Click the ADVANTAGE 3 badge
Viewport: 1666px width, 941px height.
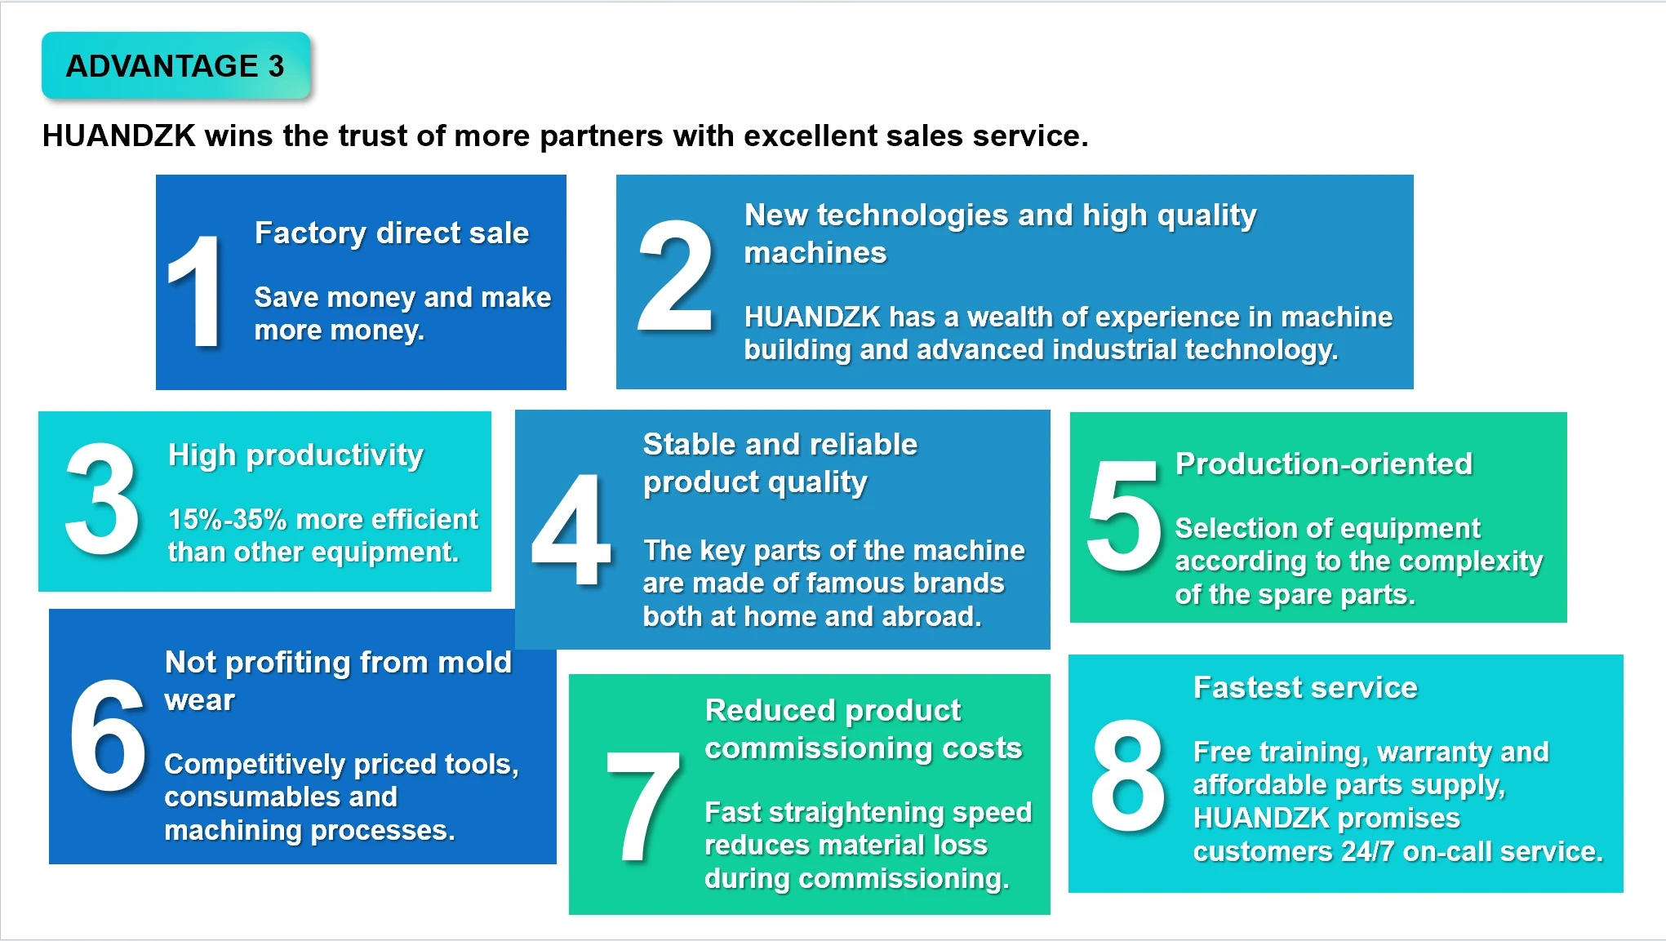(175, 66)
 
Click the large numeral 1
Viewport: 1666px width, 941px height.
(195, 291)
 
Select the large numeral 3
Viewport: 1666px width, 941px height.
(102, 499)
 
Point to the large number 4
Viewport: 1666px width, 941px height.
(571, 530)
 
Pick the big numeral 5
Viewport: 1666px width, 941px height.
(1123, 516)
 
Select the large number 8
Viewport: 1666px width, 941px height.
(1128, 775)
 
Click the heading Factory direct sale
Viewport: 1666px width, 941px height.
(392, 233)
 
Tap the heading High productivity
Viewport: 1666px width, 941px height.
(295, 455)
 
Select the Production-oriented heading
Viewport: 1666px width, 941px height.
(1323, 464)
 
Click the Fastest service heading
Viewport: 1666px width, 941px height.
(1305, 688)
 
